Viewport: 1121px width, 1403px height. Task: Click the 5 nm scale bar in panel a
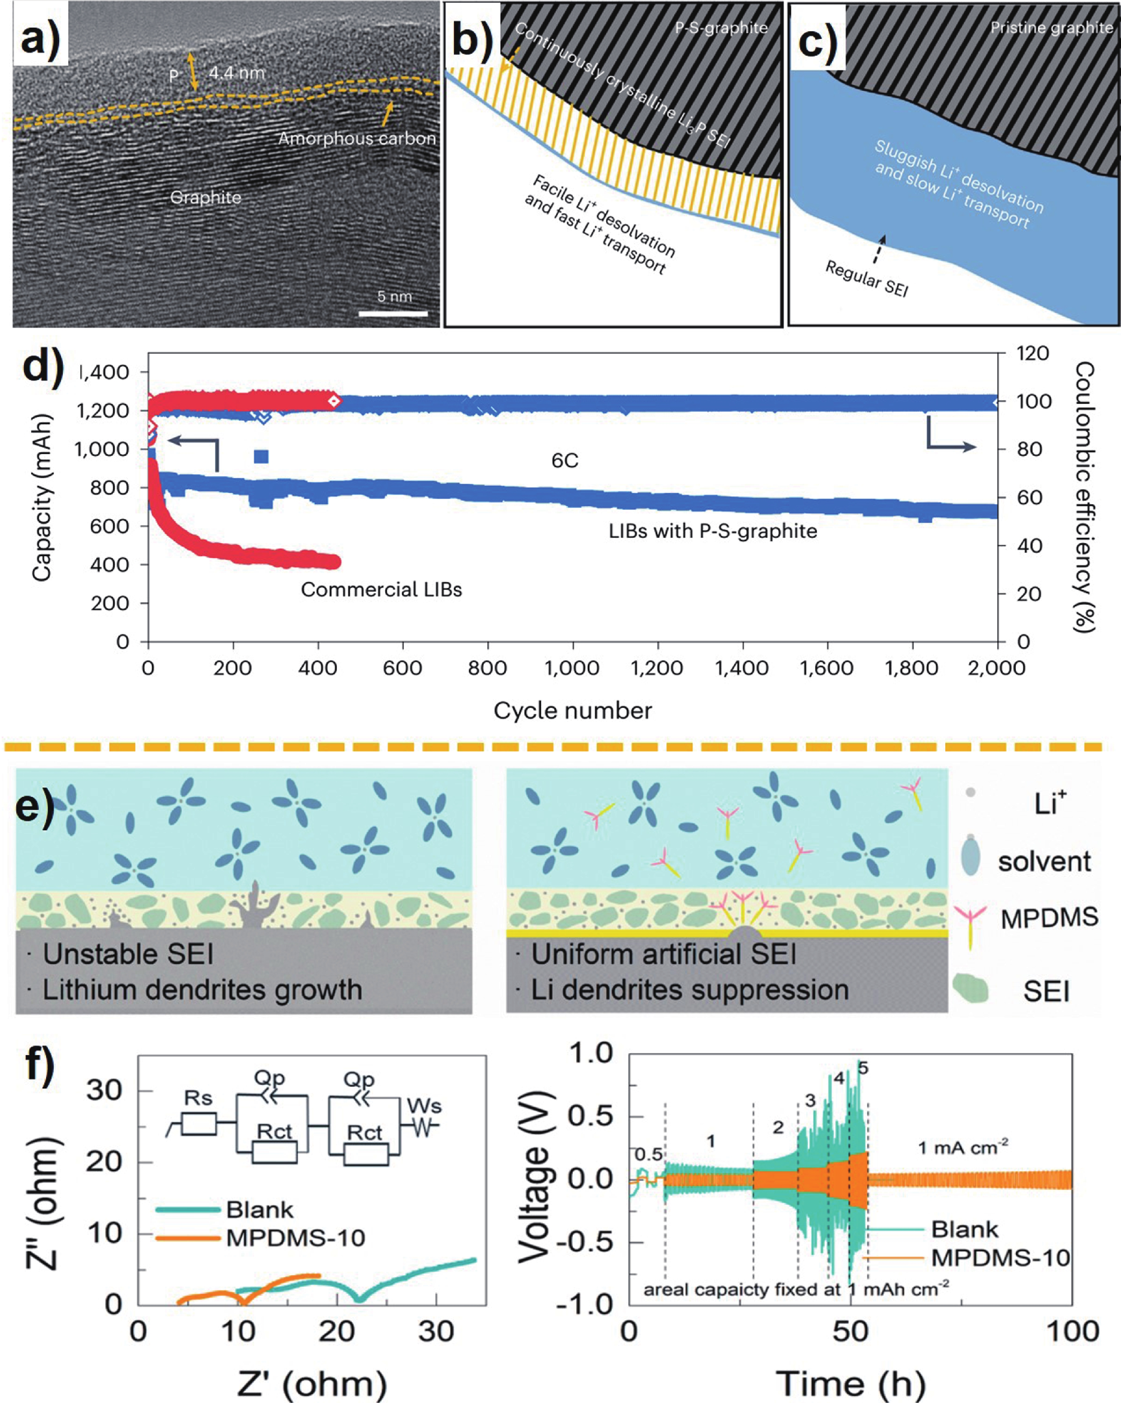click(x=393, y=314)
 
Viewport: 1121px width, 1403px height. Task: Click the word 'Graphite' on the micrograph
click(x=206, y=197)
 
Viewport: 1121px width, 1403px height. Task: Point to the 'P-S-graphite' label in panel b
click(x=721, y=27)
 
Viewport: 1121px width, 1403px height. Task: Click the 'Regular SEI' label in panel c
click(x=867, y=278)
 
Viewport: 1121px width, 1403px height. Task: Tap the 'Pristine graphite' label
click(x=1051, y=27)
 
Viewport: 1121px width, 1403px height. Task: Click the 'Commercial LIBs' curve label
click(x=381, y=590)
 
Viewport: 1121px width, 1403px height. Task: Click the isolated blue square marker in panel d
click(x=261, y=457)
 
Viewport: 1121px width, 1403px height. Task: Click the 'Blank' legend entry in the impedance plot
click(x=259, y=1210)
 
